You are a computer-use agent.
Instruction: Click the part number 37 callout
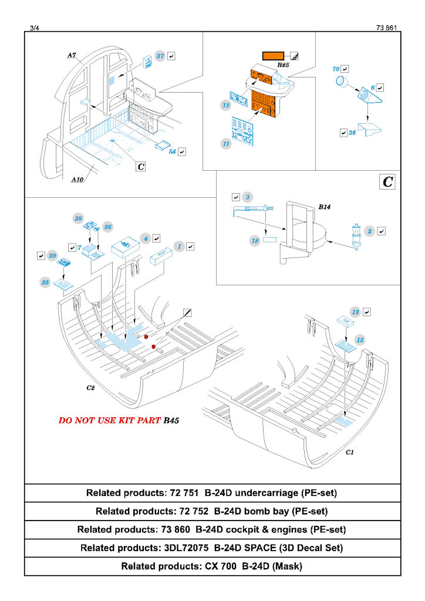click(160, 56)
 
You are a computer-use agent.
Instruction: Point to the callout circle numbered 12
click(226, 105)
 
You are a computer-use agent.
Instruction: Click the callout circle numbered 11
click(226, 143)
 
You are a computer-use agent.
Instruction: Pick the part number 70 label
click(336, 69)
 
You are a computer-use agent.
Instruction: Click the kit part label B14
click(325, 207)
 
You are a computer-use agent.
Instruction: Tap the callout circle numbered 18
click(255, 241)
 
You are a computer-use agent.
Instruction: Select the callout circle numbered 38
click(77, 218)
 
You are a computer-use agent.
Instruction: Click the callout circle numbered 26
click(107, 227)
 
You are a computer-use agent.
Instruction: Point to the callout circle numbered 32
click(45, 282)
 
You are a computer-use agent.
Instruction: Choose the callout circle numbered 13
click(355, 312)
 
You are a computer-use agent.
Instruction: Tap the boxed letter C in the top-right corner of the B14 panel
click(387, 182)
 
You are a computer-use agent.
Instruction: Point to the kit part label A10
click(77, 180)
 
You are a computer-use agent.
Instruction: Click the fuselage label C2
click(90, 388)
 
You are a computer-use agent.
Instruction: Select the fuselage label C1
click(350, 452)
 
